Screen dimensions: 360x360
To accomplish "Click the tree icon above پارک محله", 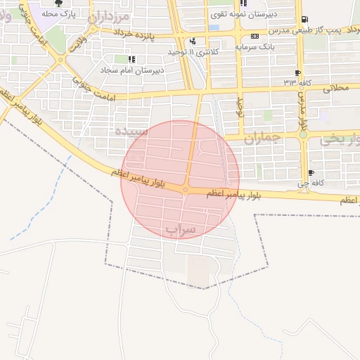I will pyautogui.click(x=58, y=4).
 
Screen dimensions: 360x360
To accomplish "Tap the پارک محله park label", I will pyautogui.click(x=58, y=14).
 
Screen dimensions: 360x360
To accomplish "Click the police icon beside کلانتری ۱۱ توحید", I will pyautogui.click(x=193, y=41).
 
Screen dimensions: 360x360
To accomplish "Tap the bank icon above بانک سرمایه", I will pyautogui.click(x=254, y=36).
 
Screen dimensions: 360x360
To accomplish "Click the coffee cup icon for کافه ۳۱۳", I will pyautogui.click(x=298, y=73).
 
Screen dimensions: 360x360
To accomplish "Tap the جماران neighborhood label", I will pyautogui.click(x=262, y=138).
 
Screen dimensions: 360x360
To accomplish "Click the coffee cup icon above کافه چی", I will pyautogui.click(x=311, y=173).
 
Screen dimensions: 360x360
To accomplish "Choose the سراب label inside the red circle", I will pyautogui.click(x=181, y=230).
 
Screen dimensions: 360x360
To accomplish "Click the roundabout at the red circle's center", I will pyautogui.click(x=186, y=189).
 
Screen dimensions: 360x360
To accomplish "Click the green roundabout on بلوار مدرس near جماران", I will pyautogui.click(x=304, y=133).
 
